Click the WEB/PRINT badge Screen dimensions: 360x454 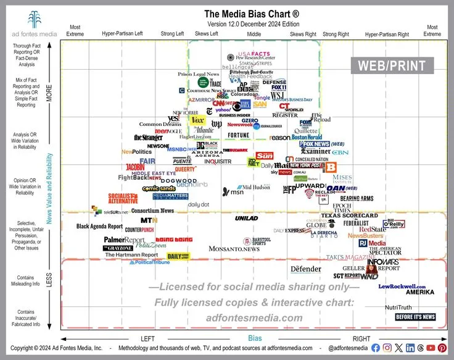[392, 65]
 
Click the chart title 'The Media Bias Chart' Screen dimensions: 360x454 [252, 13]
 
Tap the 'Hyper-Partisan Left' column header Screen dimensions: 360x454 [122, 35]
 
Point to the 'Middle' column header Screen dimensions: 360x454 [254, 35]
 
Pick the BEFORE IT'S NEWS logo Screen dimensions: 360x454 [415, 317]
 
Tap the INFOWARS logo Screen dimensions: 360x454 [383, 262]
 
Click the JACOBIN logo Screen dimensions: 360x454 [135, 167]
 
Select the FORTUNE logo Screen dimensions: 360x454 [239, 135]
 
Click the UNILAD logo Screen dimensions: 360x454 [246, 218]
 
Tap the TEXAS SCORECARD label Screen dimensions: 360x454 [350, 216]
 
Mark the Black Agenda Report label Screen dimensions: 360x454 [99, 227]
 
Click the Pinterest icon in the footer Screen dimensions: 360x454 [441, 348]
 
